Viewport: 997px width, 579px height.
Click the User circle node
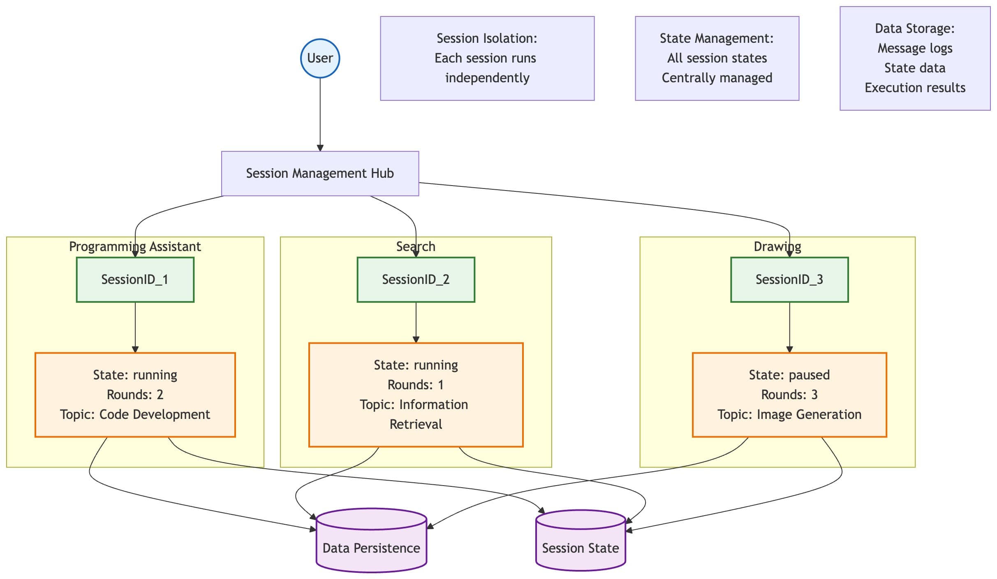pos(320,58)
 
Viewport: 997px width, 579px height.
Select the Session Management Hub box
pos(320,173)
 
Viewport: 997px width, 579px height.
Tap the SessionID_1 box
pos(135,279)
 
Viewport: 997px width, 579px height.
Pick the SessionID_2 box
pos(416,279)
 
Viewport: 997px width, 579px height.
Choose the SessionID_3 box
pos(789,279)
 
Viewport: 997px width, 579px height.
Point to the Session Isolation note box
pos(487,58)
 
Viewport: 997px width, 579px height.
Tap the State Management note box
pos(717,58)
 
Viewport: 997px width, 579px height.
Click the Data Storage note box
pos(915,58)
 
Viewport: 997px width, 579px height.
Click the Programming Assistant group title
pos(135,246)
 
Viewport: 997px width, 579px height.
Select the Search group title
pos(416,246)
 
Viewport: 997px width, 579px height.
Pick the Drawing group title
pos(777,246)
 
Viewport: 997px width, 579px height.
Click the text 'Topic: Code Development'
pos(135,414)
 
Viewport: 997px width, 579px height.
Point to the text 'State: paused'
pos(789,375)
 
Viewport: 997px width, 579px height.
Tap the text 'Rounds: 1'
pos(416,385)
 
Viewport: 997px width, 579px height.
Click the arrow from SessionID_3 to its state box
pos(789,327)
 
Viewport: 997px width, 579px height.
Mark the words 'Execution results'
pos(915,88)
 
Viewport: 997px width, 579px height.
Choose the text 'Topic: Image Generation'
pos(789,414)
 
